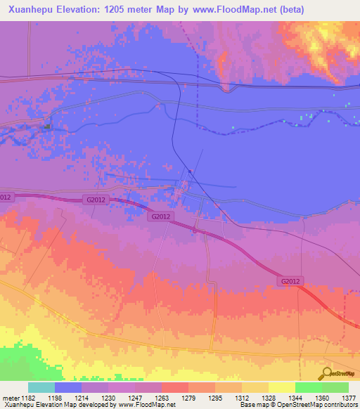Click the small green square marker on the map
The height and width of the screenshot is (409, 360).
tap(47, 126)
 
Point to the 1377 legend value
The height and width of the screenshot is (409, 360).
tap(349, 398)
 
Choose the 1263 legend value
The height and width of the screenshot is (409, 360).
tap(163, 398)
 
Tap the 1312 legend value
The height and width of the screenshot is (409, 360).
tap(243, 398)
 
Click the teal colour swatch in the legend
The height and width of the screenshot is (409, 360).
tap(41, 387)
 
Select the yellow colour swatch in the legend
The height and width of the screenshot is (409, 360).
tap(281, 387)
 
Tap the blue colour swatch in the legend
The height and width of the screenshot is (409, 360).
tap(68, 387)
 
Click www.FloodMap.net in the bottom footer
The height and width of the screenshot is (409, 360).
tap(147, 405)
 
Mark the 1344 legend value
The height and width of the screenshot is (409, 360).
tap(295, 398)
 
